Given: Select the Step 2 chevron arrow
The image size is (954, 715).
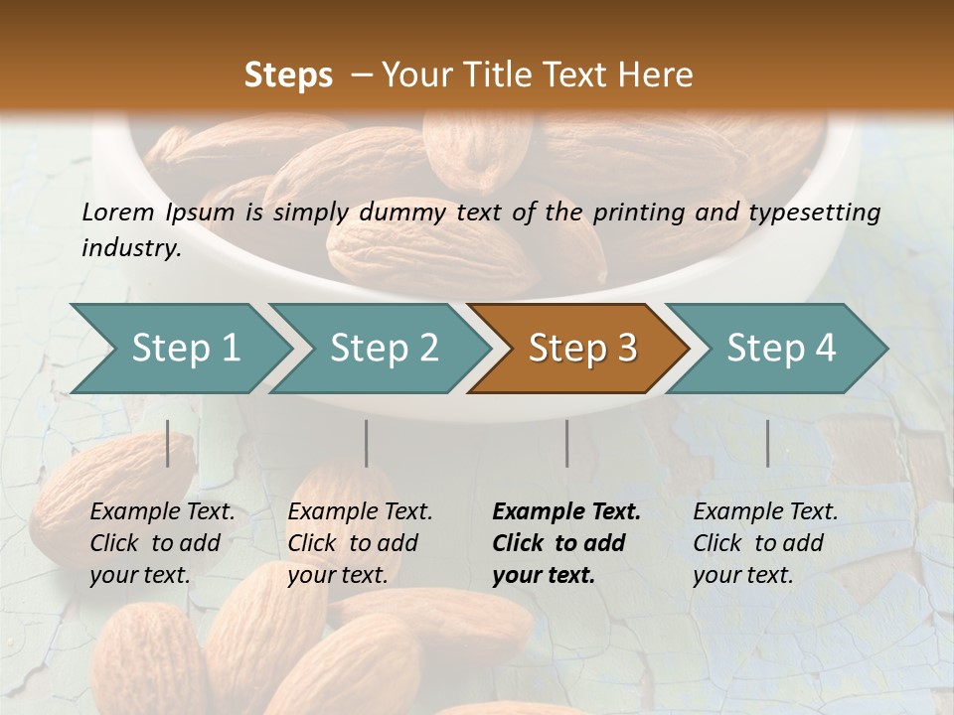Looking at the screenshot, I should [x=384, y=349].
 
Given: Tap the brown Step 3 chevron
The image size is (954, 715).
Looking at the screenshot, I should [x=582, y=349].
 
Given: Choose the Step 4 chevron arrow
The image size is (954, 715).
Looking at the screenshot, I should [x=781, y=349].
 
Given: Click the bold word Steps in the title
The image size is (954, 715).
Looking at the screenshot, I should [x=288, y=74].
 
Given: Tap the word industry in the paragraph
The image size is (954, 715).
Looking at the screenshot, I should [x=130, y=247].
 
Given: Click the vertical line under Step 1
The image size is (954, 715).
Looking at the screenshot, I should [x=168, y=443].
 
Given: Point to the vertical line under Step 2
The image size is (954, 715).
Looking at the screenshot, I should [x=367, y=443].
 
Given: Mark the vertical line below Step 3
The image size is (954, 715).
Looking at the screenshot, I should [x=566, y=443].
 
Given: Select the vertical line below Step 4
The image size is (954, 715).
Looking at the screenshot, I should [x=767, y=443].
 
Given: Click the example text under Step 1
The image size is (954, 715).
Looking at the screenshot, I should [x=162, y=543].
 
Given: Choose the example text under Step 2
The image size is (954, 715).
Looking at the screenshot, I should [x=360, y=543].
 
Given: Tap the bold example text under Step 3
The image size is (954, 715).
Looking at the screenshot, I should [x=566, y=543].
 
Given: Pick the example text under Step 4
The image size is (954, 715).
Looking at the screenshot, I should [x=765, y=543].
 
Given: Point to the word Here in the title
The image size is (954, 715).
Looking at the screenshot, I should [x=660, y=74].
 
